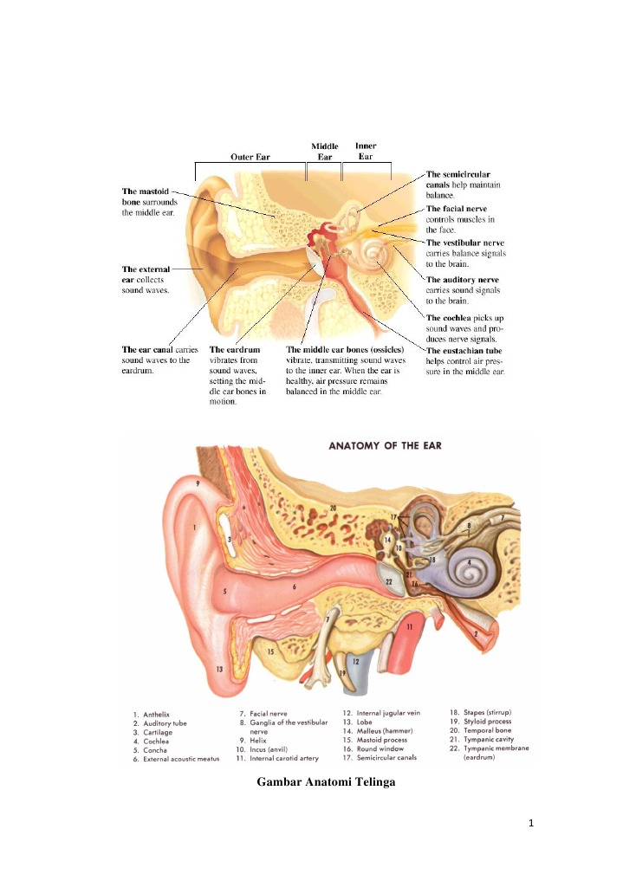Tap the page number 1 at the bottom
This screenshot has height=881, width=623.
(x=528, y=846)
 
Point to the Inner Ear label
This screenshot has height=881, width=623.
(x=366, y=151)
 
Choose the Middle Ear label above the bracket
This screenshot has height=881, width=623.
(x=325, y=152)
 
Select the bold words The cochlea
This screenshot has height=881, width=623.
(x=454, y=317)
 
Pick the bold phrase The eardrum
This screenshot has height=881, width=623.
(x=236, y=350)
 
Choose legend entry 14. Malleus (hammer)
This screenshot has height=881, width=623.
(x=378, y=731)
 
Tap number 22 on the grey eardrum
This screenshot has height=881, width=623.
(x=390, y=582)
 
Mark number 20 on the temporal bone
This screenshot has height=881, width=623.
(x=332, y=507)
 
